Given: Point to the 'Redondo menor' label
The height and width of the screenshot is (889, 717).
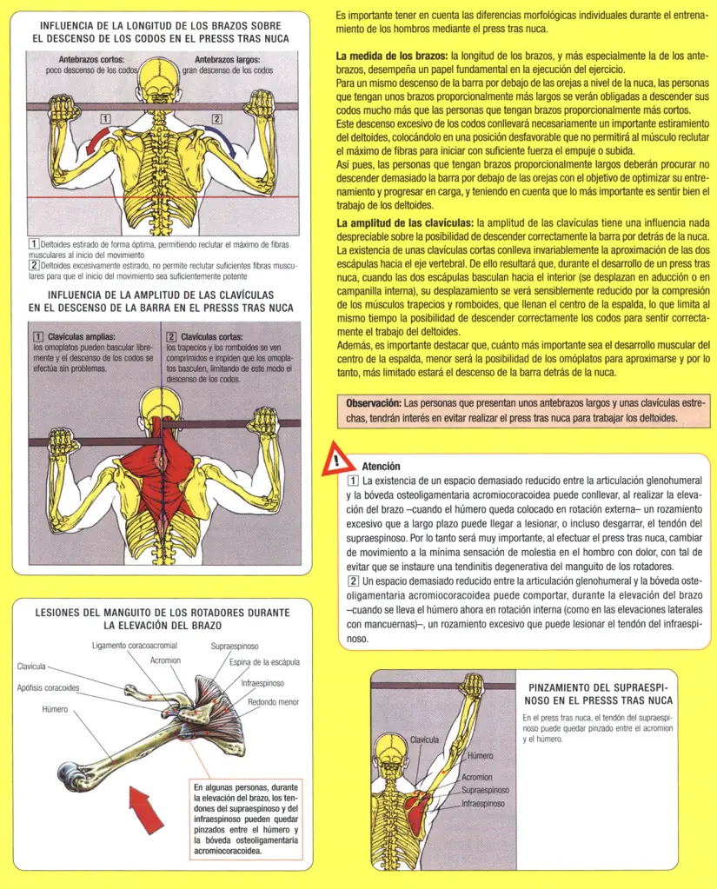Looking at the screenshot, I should point(274,701).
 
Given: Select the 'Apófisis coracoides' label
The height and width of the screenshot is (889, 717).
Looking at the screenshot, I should point(49,687).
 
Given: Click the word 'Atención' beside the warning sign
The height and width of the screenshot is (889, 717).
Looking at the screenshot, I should point(381,466).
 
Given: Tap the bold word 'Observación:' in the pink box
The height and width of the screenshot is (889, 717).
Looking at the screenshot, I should point(374,403).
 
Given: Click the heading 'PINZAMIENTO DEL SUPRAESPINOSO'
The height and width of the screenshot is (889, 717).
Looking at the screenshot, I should point(600,693).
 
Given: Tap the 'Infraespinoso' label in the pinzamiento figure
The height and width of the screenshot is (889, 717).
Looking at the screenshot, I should point(482,804).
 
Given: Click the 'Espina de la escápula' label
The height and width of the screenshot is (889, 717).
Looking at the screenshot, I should point(264,662).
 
